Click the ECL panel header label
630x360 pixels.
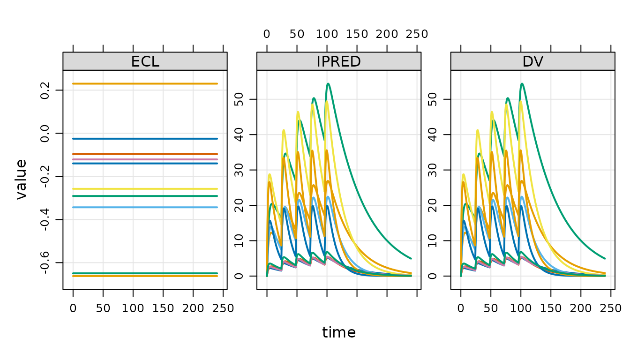pos(145,61)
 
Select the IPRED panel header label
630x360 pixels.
pos(338,61)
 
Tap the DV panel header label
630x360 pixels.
pos(532,61)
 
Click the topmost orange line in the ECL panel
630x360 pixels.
pos(145,83)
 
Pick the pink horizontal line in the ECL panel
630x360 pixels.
pos(145,159)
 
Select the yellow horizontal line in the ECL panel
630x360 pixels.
pos(145,188)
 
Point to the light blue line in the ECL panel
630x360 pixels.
pos(145,207)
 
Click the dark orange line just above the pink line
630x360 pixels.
pos(145,154)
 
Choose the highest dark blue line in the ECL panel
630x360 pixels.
pos(145,138)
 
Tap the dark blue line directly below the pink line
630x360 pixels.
pos(145,163)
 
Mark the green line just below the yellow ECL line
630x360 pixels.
pos(145,196)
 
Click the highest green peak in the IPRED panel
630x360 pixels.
pos(328,84)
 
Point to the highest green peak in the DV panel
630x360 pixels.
pos(522,84)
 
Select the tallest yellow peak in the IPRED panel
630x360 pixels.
pos(327,101)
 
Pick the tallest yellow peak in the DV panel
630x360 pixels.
pos(520,101)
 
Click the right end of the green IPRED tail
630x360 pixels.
pos(411,258)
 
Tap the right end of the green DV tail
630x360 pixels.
pos(605,258)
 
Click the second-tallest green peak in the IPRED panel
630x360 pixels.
pos(314,98)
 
